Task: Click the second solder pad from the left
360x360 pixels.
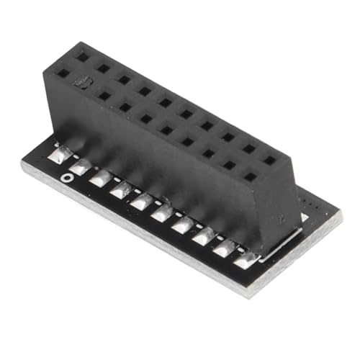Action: tap(81, 167)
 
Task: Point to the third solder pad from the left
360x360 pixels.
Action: tap(101, 178)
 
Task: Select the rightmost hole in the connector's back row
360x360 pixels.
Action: tap(269, 160)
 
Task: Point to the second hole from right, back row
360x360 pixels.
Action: tap(248, 148)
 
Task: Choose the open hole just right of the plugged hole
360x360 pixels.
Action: tap(105, 94)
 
